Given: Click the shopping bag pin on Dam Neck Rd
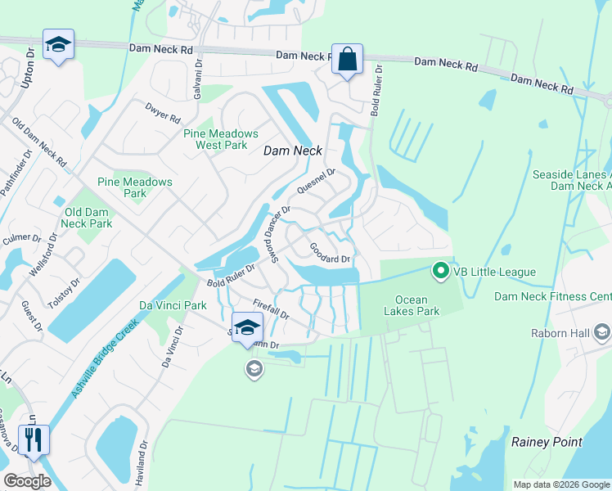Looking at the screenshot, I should point(347,60).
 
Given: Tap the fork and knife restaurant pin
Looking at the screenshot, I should point(34,439).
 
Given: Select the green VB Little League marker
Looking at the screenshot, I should point(441,270).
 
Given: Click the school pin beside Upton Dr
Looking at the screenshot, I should point(58,45).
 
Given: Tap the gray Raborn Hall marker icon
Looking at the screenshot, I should point(603,331).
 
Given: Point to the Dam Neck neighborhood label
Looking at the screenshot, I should point(293,151).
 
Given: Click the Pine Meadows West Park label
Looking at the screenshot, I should point(221,139).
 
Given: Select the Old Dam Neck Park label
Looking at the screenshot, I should point(87,218).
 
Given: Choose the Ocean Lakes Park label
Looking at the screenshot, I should point(417,305).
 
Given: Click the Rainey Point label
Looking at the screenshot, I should point(547,442).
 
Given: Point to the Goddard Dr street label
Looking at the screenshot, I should point(330,252).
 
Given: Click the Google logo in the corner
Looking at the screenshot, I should point(27,480).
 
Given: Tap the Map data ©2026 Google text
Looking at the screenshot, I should point(560,484).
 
